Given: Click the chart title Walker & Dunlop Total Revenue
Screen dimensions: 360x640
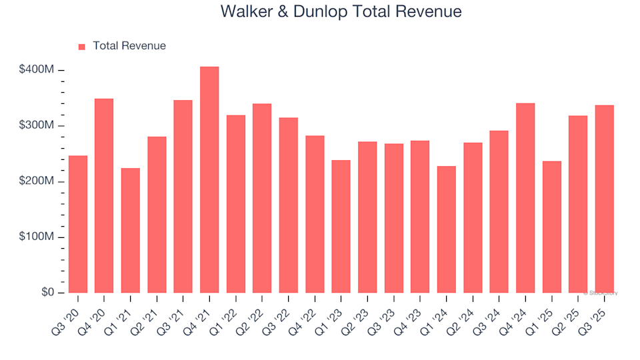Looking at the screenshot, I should (x=341, y=12).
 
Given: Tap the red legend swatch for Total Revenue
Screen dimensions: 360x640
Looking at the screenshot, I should (x=82, y=47).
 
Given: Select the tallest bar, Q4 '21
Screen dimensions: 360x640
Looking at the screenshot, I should (x=209, y=180).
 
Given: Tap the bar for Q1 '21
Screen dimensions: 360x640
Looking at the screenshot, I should (x=130, y=231).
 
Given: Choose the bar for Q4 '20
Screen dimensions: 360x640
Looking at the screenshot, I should (x=104, y=196).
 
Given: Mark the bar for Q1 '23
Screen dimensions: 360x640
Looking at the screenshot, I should (x=341, y=227).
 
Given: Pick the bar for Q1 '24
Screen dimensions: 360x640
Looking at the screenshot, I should (x=446, y=229).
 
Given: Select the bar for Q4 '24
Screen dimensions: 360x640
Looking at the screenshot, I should (x=525, y=198).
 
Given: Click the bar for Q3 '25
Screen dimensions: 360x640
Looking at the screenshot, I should (x=604, y=199).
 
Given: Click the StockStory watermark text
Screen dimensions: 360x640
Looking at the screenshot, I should (x=601, y=293).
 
